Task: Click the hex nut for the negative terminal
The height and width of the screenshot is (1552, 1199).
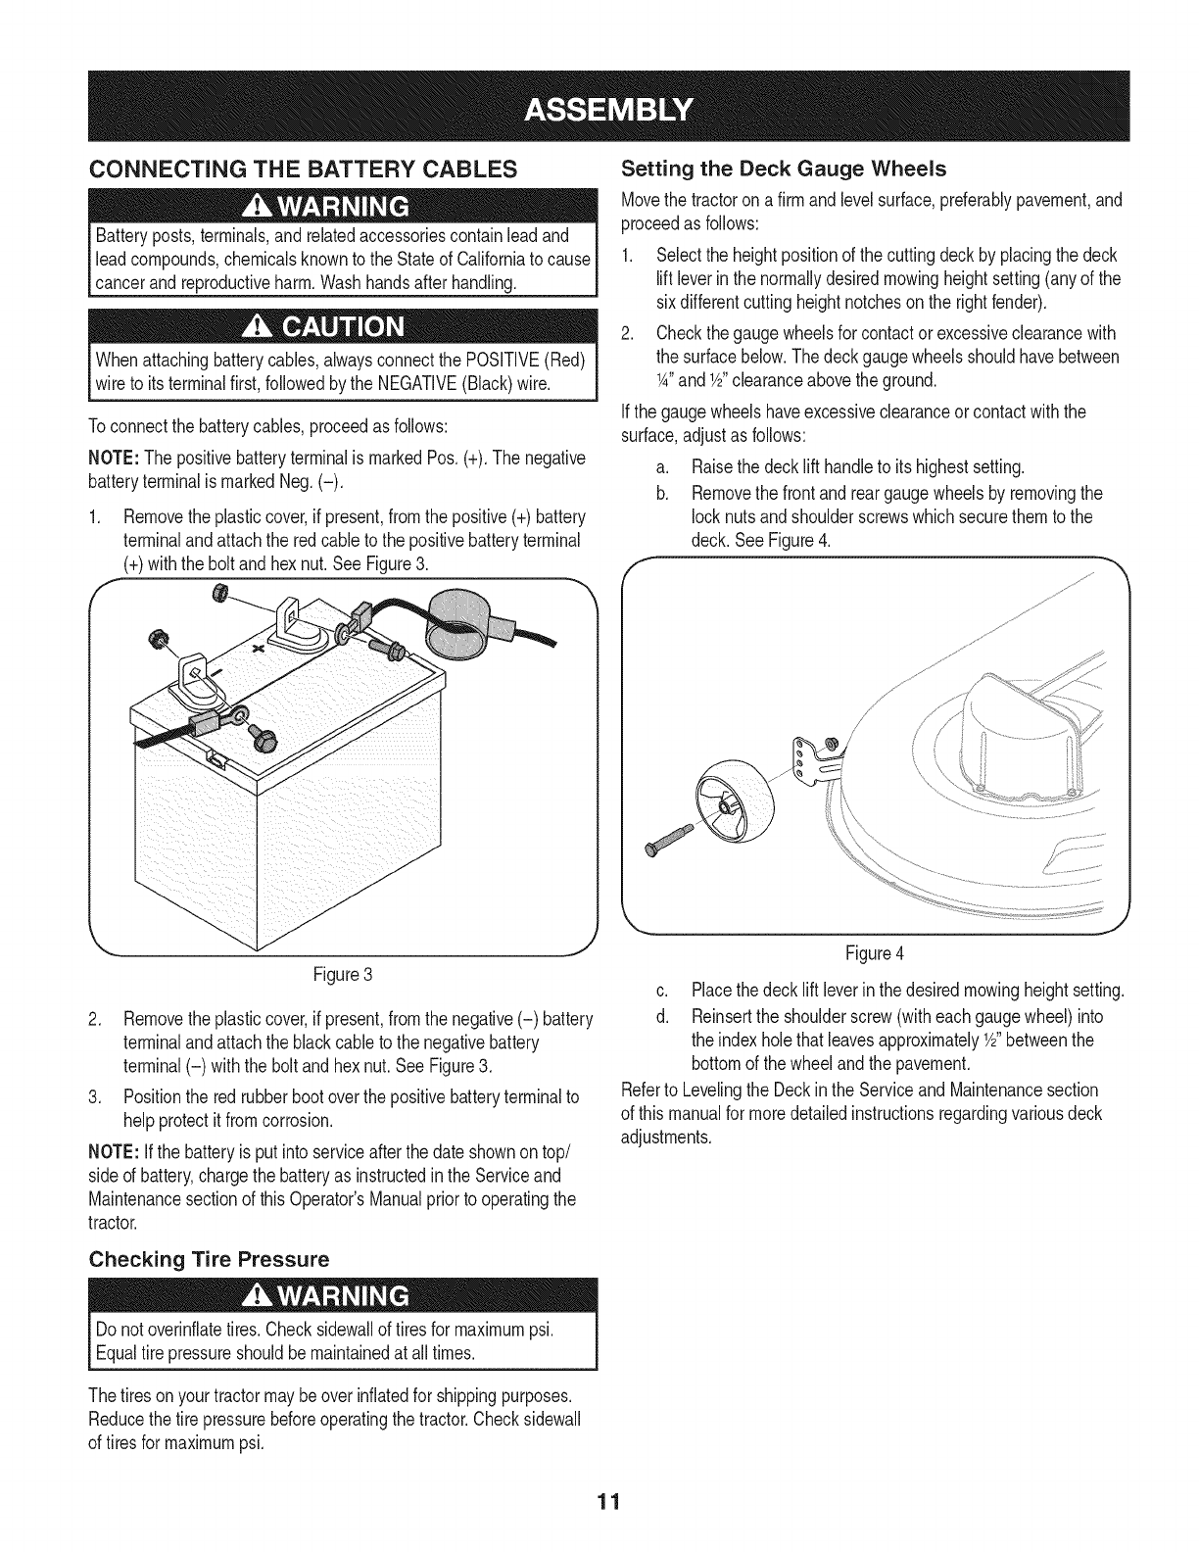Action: (x=154, y=641)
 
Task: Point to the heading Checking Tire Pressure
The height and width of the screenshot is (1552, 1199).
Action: (x=209, y=1259)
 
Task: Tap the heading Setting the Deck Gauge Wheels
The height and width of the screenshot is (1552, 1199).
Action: (x=785, y=169)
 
